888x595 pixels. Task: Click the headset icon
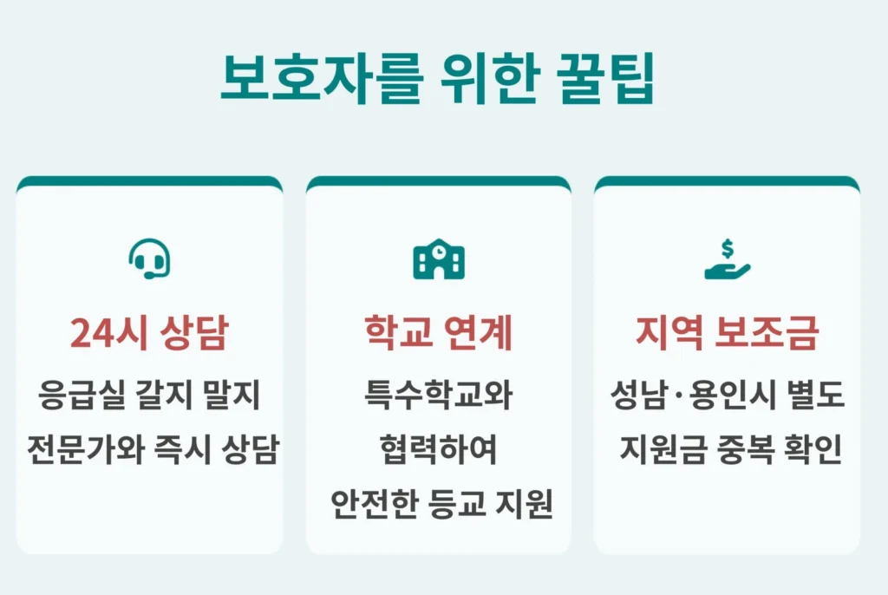pyautogui.click(x=149, y=258)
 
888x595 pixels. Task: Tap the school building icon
pyautogui.click(x=438, y=258)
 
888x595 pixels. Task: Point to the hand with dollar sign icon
pyautogui.click(x=727, y=259)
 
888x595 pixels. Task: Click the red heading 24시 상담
pyautogui.click(x=149, y=333)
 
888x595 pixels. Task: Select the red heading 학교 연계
pyautogui.click(x=438, y=333)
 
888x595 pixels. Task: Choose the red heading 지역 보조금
pyautogui.click(x=727, y=333)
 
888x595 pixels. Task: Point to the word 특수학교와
pyautogui.click(x=438, y=396)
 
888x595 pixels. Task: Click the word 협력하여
pyautogui.click(x=438, y=450)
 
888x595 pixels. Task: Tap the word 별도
pyautogui.click(x=815, y=396)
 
